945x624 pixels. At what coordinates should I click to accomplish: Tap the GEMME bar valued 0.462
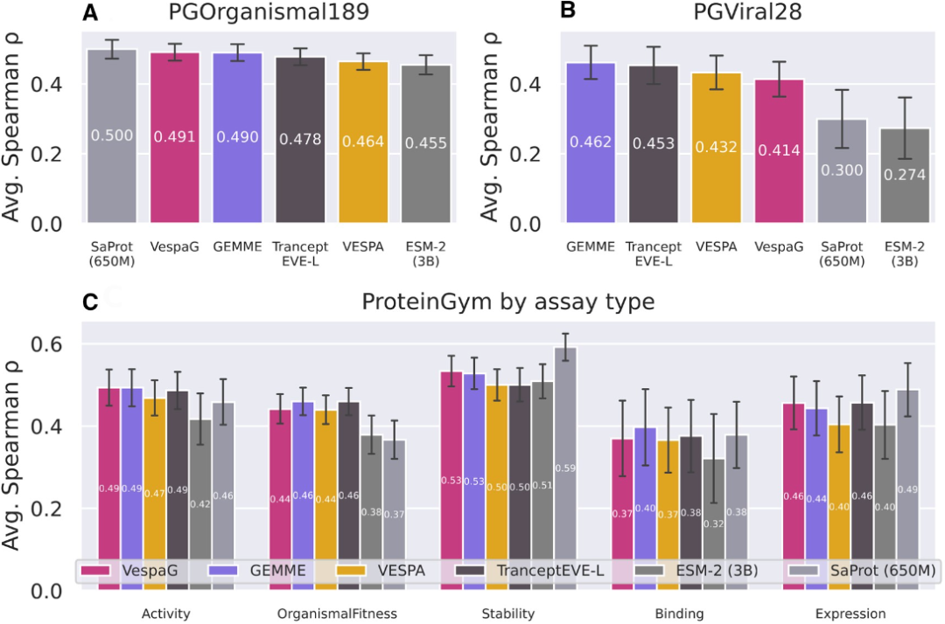tap(591, 143)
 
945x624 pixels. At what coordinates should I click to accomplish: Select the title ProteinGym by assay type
tap(509, 302)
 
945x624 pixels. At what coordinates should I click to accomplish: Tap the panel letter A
tap(89, 13)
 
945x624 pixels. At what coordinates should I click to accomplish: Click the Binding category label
tap(679, 614)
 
